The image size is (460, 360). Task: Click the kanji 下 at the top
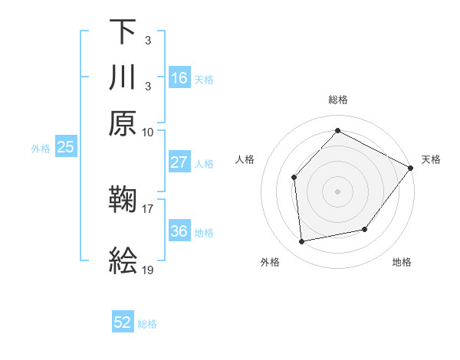[x=123, y=31]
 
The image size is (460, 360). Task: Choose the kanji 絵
[x=123, y=261]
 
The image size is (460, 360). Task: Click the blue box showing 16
[x=179, y=77]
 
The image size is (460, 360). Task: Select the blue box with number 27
[x=179, y=162]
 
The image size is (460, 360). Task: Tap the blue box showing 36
[x=179, y=231]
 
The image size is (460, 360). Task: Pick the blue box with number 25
[x=65, y=147]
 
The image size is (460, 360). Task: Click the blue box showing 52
[x=123, y=322]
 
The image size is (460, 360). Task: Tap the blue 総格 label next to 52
[x=147, y=324]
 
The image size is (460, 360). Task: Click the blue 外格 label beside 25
[x=41, y=149]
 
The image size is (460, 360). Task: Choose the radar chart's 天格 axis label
[x=431, y=159]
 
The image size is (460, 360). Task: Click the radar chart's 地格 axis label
[x=402, y=262]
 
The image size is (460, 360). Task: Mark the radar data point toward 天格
[x=410, y=168]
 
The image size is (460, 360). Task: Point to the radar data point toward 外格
[x=302, y=242]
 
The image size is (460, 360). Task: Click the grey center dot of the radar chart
[x=337, y=191]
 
